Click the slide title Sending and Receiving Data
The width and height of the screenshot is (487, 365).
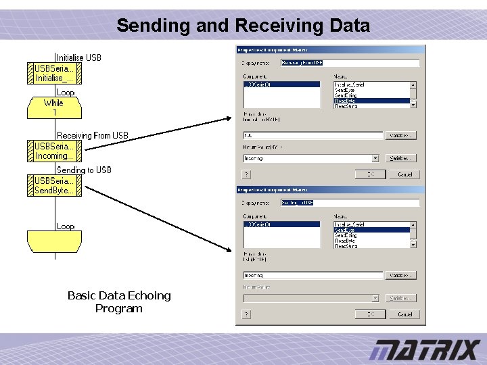[x=243, y=26]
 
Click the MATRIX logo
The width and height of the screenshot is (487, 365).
[x=424, y=350]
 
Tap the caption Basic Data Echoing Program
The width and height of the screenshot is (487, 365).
[x=119, y=302]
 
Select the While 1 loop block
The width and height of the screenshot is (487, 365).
[x=54, y=107]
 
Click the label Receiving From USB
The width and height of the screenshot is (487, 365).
[x=93, y=135]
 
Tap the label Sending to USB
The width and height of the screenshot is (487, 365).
[x=84, y=170]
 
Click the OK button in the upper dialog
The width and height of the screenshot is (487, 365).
[x=370, y=174]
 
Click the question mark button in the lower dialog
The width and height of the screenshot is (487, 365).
[x=247, y=314]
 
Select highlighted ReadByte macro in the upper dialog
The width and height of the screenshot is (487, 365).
[x=372, y=101]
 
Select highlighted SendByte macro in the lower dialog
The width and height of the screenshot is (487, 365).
[x=372, y=230]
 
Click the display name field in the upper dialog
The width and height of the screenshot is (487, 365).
[x=350, y=63]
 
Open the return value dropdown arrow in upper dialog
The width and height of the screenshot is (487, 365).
[x=375, y=158]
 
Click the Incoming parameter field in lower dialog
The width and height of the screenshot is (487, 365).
[x=313, y=275]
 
